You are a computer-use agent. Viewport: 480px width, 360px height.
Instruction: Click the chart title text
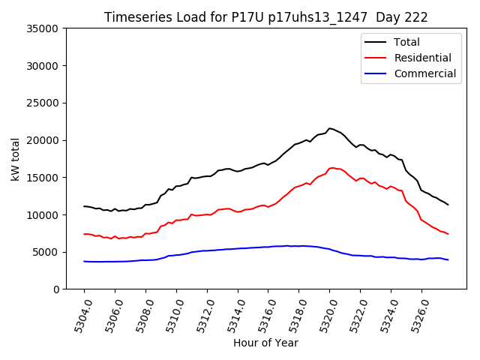click(x=271, y=16)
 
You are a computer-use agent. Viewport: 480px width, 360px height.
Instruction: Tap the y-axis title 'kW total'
click(x=16, y=158)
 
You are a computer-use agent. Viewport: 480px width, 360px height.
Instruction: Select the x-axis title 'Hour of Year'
click(x=265, y=343)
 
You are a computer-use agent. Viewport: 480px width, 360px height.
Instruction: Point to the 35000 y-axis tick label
click(x=43, y=28)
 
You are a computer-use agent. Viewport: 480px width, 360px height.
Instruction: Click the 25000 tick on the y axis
click(x=43, y=103)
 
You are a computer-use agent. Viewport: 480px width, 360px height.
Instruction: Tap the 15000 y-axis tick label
click(x=43, y=178)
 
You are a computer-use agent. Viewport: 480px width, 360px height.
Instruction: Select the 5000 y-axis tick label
click(x=46, y=252)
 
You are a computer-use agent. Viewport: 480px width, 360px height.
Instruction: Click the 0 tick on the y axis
click(x=56, y=289)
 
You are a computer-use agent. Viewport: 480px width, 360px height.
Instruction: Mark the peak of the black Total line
click(x=330, y=128)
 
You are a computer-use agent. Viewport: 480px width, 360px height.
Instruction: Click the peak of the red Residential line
click(x=331, y=168)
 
